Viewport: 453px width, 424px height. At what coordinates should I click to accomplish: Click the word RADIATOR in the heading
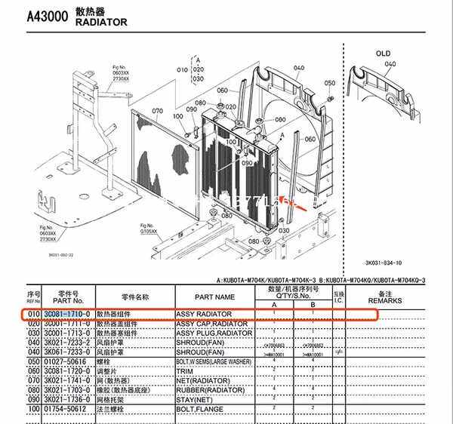(x=101, y=23)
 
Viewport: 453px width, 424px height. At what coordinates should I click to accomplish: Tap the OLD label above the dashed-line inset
(x=383, y=54)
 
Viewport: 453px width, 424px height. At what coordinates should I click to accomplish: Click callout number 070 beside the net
(x=157, y=111)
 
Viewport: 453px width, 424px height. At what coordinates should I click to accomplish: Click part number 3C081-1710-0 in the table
(x=67, y=312)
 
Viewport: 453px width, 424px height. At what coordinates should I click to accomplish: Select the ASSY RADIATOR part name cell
(x=203, y=312)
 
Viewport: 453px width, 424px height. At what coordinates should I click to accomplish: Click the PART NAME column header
(x=214, y=297)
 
